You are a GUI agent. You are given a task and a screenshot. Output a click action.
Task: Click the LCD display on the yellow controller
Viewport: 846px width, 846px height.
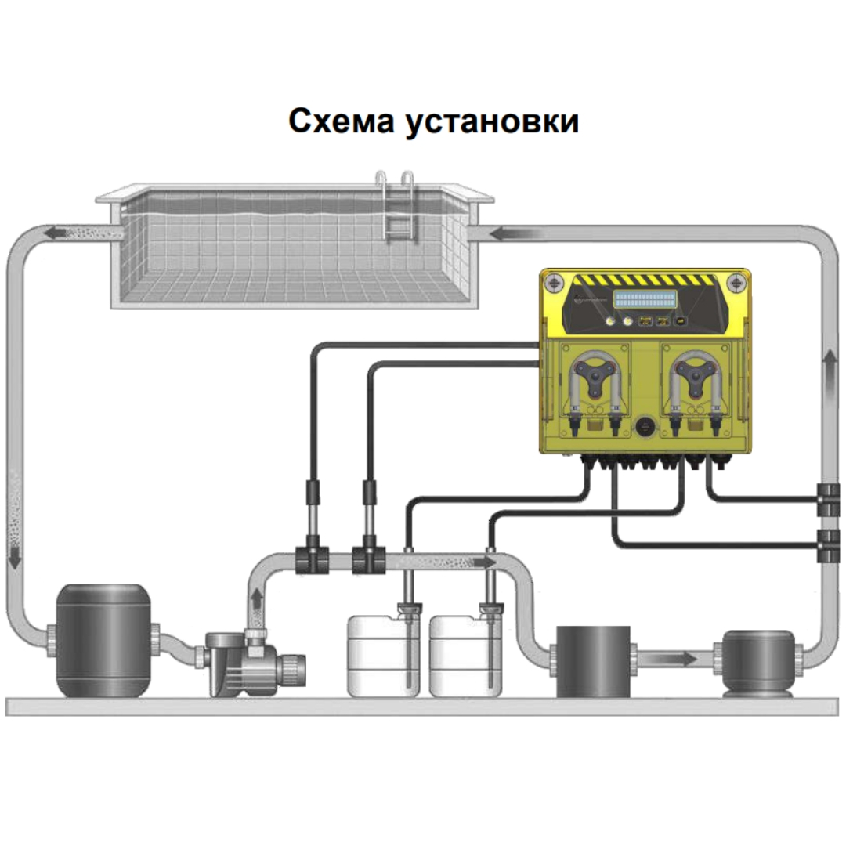pos(645,299)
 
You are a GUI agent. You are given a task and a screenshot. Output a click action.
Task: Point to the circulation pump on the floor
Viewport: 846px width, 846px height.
pos(255,663)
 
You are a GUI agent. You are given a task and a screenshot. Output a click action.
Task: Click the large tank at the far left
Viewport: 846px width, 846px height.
pos(103,641)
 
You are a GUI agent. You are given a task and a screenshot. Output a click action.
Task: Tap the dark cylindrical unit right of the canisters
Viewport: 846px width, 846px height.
pos(593,661)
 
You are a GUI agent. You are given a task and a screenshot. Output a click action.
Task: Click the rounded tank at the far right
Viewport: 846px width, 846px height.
pos(758,663)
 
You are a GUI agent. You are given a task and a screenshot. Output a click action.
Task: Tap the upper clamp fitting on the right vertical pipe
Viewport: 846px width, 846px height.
pos(828,500)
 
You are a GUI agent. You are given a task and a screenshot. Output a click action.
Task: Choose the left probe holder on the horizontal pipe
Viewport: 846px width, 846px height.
pos(313,560)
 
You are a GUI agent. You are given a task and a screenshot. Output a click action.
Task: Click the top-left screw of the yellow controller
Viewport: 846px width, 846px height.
pos(553,281)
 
